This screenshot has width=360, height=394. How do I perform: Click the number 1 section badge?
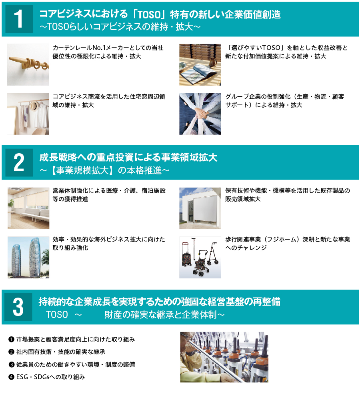tap(19, 19)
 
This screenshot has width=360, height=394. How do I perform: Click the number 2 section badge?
tap(19, 162)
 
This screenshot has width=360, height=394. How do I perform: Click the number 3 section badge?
tap(19, 307)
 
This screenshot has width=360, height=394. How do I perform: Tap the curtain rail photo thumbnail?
tap(28, 64)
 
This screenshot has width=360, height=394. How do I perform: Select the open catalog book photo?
tap(200, 64)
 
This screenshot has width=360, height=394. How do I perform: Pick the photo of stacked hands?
tap(200, 114)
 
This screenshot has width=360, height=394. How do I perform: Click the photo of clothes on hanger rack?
tap(28, 114)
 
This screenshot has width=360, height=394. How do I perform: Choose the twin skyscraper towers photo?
tap(28, 257)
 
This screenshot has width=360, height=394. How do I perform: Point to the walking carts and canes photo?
tap(200, 257)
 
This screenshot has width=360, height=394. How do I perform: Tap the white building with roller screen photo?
tap(200, 208)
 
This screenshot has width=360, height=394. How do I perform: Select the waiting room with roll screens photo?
tap(28, 208)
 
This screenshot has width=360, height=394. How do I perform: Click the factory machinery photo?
tap(224, 357)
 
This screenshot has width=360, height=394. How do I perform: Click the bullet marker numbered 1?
tap(11, 340)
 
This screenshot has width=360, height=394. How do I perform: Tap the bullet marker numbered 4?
tap(11, 377)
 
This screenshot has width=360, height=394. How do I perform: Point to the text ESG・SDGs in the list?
tap(34, 377)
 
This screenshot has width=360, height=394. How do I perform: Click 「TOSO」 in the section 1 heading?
tap(149, 15)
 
